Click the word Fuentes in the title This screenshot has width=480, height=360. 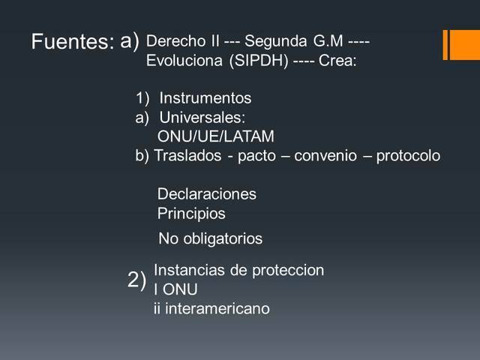click(72, 42)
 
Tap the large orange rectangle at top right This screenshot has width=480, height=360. click(463, 44)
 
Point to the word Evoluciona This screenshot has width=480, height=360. click(184, 61)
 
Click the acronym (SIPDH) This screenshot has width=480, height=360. click(259, 61)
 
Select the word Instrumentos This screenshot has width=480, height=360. click(205, 98)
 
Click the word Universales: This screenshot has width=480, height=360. click(202, 118)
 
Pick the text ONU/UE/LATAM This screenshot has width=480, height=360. click(216, 136)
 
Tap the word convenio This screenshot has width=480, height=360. click(327, 156)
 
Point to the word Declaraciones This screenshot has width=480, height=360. click(206, 194)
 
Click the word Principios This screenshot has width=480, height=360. click(191, 214)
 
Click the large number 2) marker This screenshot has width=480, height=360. click(137, 280)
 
